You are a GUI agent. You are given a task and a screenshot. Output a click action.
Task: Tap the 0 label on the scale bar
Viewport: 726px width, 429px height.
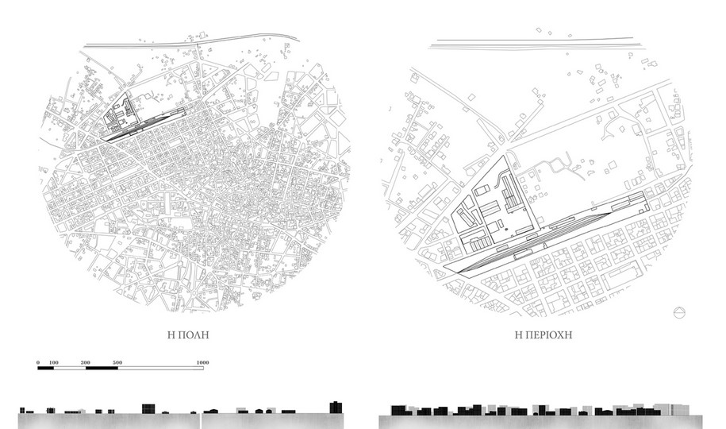(x=38, y=362)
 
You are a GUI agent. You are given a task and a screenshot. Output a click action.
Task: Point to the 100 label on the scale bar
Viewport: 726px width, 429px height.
(x=53, y=362)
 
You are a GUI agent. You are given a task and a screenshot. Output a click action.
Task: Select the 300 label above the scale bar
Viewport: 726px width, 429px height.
(x=86, y=362)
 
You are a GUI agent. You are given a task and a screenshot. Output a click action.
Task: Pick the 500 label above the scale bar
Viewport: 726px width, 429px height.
(x=117, y=362)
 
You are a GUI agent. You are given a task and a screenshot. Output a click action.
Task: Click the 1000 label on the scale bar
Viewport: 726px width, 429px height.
(x=203, y=362)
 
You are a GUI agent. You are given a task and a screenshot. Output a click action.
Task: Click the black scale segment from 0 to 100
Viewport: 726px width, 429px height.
(x=46, y=369)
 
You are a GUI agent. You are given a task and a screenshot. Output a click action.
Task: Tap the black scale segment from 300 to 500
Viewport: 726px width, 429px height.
(x=102, y=369)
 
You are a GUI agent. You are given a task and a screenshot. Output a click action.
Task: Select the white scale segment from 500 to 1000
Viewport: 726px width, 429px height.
(x=160, y=369)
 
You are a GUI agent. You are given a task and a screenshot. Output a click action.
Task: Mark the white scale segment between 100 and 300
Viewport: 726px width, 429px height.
(x=70, y=369)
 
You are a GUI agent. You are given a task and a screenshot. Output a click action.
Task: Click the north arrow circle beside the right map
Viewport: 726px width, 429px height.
(x=679, y=313)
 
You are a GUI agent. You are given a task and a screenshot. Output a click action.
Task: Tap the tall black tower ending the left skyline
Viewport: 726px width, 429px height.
(x=336, y=408)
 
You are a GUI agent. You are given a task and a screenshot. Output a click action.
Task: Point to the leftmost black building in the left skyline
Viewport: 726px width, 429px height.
(x=22, y=410)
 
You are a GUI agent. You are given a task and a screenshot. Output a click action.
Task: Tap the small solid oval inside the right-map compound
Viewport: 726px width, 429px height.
(x=505, y=229)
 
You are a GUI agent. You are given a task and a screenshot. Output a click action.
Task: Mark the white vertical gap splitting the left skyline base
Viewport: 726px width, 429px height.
(x=201, y=420)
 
